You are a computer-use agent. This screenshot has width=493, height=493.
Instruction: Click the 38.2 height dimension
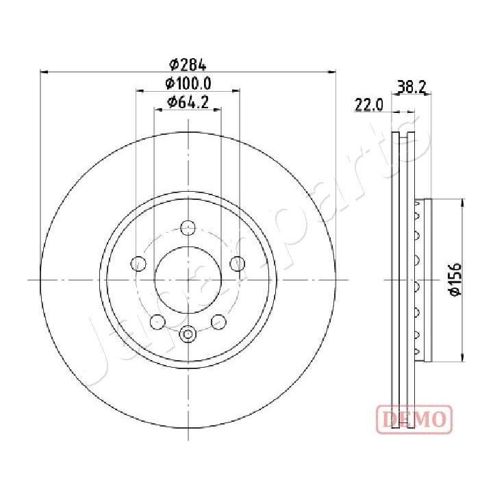click(412, 87)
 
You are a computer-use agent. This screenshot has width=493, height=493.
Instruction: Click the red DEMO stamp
click(414, 418)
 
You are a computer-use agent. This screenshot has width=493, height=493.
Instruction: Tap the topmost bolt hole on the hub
click(188, 228)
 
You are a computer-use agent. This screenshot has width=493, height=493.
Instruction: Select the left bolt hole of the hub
click(139, 263)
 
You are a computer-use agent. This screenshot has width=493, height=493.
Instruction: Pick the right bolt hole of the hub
click(238, 263)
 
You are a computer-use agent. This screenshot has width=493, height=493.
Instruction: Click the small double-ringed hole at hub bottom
click(188, 334)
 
